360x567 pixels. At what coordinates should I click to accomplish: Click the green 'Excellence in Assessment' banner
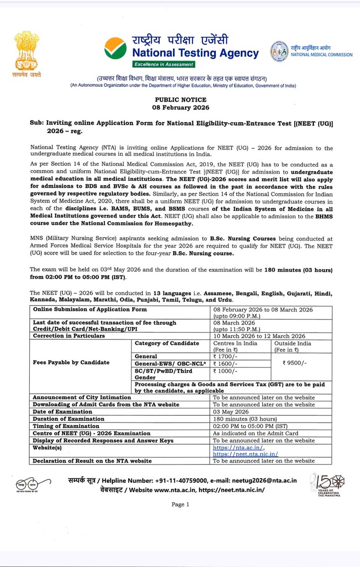163,64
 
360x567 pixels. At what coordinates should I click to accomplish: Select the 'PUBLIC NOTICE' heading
181,100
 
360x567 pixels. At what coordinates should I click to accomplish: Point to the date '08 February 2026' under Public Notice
181,107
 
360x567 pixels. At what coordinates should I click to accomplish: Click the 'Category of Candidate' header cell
167,343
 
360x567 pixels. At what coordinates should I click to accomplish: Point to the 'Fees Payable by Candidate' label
71,362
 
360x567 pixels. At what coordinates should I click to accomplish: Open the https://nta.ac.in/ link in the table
239,447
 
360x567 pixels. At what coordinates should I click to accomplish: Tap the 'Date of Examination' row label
62,412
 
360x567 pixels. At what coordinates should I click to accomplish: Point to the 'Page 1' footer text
180,504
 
